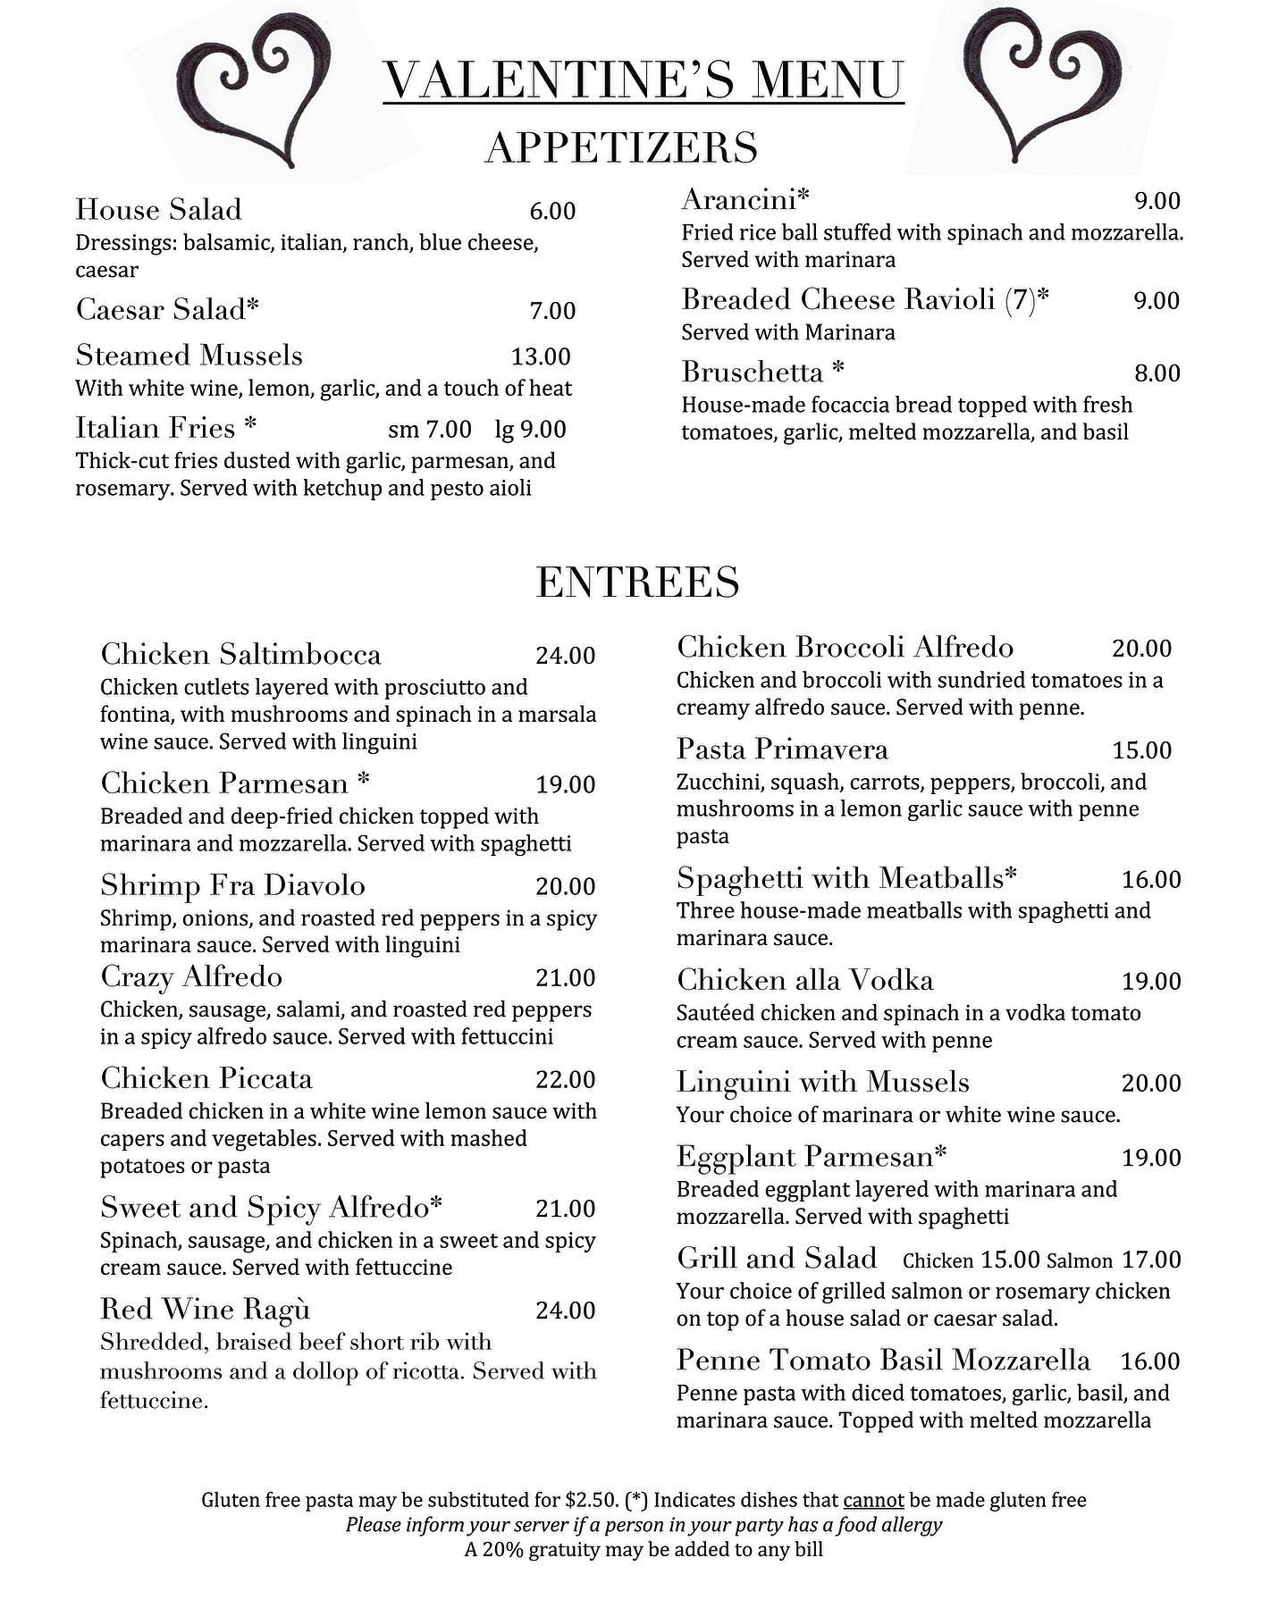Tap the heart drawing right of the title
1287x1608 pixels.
[1046, 85]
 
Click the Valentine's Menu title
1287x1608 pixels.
[643, 80]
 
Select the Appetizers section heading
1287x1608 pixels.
[621, 147]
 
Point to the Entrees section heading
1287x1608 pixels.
[637, 582]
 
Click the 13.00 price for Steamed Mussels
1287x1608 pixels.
[541, 356]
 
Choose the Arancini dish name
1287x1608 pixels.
[745, 198]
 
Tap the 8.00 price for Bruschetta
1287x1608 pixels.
[1157, 373]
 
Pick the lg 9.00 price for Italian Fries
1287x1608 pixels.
[530, 429]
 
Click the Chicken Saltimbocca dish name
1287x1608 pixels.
[240, 654]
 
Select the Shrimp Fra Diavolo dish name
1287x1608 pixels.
[232, 885]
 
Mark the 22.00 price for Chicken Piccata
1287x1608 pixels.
[565, 1079]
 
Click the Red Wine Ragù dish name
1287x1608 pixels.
[205, 1309]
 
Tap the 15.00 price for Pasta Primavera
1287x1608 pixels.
[1141, 750]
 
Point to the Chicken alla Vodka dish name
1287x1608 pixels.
[804, 980]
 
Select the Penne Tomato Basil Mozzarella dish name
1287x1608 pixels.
[883, 1360]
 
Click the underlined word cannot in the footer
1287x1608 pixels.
[873, 1500]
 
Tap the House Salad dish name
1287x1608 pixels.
[158, 209]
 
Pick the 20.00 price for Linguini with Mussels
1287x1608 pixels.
[1151, 1083]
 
